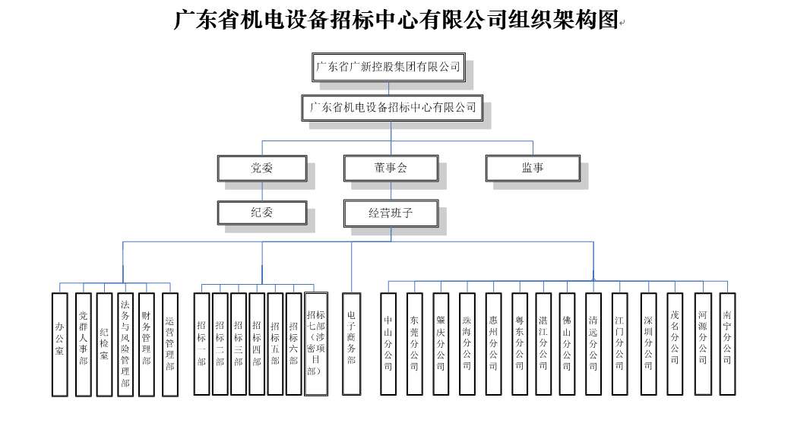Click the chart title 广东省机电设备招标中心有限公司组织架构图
pyautogui.click(x=396, y=21)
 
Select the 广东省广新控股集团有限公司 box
pyautogui.click(x=388, y=67)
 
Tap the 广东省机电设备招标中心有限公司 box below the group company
pyautogui.click(x=392, y=108)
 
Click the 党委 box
pyautogui.click(x=262, y=169)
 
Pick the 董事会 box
pyautogui.click(x=391, y=169)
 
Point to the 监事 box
pyautogui.click(x=533, y=169)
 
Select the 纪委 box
pyautogui.click(x=262, y=213)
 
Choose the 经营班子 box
pyautogui.click(x=391, y=213)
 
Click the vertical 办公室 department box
pyautogui.click(x=60, y=344)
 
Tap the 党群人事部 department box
pyautogui.click(x=84, y=344)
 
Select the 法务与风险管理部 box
pyautogui.click(x=125, y=344)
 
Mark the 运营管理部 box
pyautogui.click(x=170, y=344)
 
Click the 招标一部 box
pyautogui.click(x=201, y=344)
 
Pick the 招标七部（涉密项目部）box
pyautogui.click(x=316, y=344)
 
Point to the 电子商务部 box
pyautogui.click(x=351, y=344)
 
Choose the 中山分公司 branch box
pyautogui.click(x=388, y=344)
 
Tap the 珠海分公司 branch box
pyautogui.click(x=467, y=344)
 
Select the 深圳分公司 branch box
pyautogui.click(x=648, y=344)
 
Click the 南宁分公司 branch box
pyautogui.click(x=727, y=344)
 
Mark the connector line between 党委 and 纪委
pyautogui.click(x=262, y=191)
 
